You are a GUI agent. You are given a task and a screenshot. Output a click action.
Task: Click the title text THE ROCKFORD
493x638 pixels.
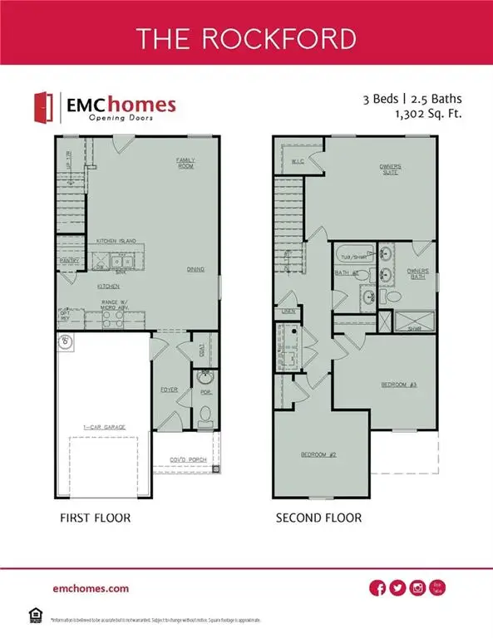(246, 39)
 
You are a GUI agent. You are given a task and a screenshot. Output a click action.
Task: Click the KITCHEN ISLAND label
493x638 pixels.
(116, 240)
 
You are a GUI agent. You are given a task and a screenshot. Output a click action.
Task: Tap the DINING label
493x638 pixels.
(195, 269)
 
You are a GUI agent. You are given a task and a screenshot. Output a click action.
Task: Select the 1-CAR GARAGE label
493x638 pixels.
(103, 427)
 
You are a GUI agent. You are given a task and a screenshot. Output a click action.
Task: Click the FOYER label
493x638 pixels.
(170, 389)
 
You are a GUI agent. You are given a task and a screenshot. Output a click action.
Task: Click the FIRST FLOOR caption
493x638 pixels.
(94, 518)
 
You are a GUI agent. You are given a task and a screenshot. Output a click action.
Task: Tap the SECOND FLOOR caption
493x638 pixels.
(318, 518)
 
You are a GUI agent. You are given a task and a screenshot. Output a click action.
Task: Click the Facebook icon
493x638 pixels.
(377, 588)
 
